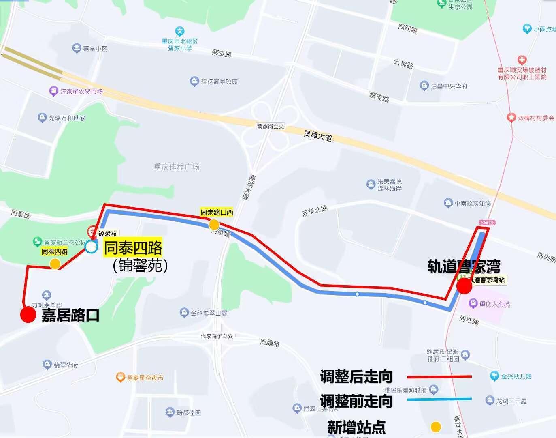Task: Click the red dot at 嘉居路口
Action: click(28, 315)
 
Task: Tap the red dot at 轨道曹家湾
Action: click(464, 286)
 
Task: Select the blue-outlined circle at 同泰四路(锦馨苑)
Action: click(91, 246)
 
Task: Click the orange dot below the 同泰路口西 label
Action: click(214, 224)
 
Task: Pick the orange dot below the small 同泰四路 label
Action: click(55, 264)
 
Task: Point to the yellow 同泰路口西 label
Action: click(217, 212)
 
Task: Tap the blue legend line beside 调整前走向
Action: click(439, 399)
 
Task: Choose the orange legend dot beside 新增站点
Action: click(436, 427)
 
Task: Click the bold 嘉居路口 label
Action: click(70, 315)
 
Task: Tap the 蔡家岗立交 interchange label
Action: click(270, 127)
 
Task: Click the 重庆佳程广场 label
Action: click(177, 167)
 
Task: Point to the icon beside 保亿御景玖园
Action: click(194, 81)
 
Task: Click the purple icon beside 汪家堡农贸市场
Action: click(53, 91)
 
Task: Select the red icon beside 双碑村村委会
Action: click(511, 118)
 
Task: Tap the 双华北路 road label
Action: click(315, 210)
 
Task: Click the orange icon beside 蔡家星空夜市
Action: click(120, 378)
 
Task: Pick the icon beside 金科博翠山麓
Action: click(184, 313)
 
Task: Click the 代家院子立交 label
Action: click(217, 336)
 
